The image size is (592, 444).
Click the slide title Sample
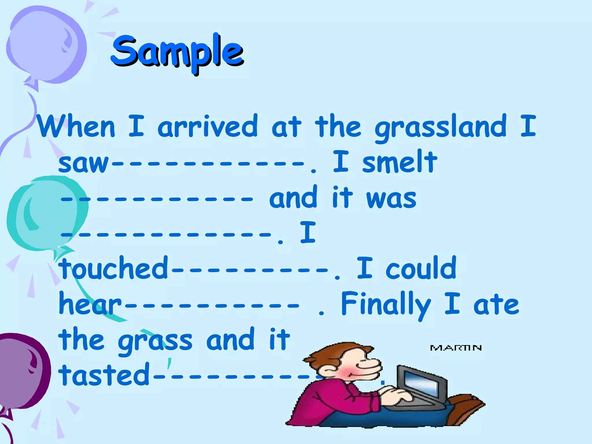177,52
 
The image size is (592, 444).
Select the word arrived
207,127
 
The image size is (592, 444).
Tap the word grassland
441,127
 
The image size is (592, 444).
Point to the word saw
83,163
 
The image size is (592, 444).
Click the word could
421,268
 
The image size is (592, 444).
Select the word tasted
104,375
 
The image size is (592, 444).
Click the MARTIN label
456,348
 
